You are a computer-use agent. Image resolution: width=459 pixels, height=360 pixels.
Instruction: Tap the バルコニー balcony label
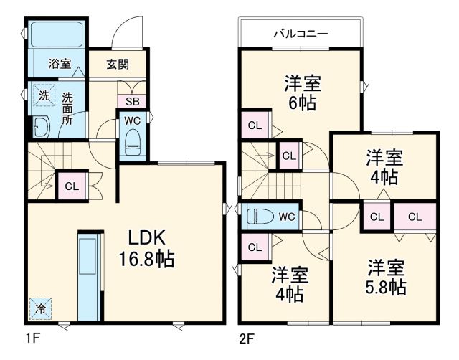(300, 34)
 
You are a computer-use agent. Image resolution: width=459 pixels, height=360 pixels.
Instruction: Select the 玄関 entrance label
(118, 64)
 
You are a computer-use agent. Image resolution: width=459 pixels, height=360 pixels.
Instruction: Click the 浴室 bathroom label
(59, 64)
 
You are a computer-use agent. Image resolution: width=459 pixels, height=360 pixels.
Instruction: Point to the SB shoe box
(133, 101)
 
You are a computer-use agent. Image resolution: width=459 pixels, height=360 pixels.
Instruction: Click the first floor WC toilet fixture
(133, 144)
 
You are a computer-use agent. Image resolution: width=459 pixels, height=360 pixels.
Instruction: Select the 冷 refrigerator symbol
(40, 309)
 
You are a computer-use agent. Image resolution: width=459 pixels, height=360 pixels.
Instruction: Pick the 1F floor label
(32, 336)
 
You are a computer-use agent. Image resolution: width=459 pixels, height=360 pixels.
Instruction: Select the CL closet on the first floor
(70, 186)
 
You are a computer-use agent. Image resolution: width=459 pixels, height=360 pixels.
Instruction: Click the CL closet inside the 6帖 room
(255, 125)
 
